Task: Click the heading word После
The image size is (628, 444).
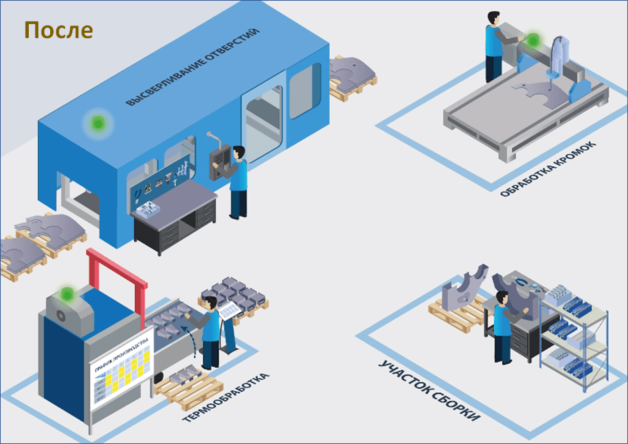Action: [x=58, y=30]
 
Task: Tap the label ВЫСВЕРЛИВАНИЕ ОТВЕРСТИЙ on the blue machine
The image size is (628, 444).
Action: [x=193, y=67]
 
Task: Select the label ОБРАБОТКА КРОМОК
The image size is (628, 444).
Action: [x=548, y=169]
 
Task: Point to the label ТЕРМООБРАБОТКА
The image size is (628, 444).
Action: [x=226, y=398]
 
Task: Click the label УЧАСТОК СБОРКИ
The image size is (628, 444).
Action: [x=429, y=391]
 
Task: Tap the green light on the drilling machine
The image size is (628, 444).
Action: [x=97, y=123]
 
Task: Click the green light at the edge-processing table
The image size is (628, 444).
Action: [x=533, y=39]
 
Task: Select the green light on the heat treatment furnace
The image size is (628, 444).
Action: [x=66, y=295]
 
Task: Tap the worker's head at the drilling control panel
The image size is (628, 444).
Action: [x=239, y=152]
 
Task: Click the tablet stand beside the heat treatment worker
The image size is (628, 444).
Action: [x=228, y=326]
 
